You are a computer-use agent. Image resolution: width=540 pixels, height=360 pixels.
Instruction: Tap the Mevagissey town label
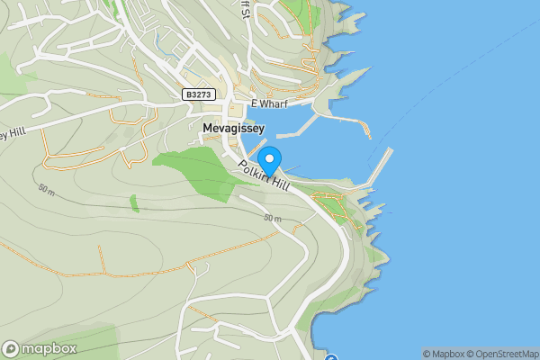coord(233,129)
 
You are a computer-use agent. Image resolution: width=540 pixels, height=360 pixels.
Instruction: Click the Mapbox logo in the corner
coord(40,348)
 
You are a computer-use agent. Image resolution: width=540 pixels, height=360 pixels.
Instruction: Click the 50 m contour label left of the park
coord(46,189)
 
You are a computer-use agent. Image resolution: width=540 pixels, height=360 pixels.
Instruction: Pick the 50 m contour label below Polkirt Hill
coord(273,219)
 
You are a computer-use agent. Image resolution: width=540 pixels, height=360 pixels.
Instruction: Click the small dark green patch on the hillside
coord(134,203)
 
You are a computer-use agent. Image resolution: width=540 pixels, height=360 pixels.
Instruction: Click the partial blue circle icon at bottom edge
coord(331,358)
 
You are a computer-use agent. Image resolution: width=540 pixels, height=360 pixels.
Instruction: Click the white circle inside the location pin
coord(269,157)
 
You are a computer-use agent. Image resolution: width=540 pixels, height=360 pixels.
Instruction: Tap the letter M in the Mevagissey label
coord(208,129)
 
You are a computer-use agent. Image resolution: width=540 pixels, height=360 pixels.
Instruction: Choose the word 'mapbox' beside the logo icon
coord(49,348)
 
